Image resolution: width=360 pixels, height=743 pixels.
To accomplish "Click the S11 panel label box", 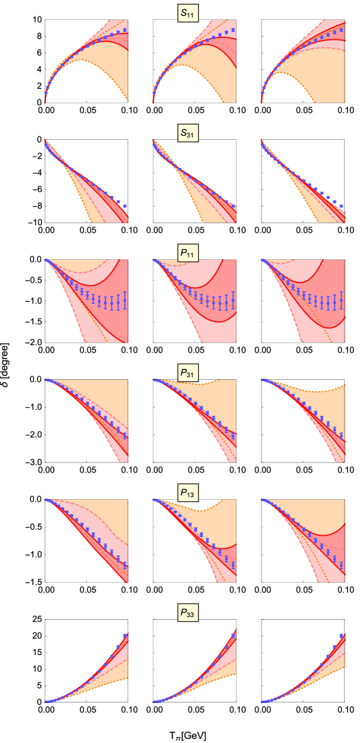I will point(189,13).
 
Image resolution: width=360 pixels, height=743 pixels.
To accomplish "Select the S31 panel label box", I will point(189,133).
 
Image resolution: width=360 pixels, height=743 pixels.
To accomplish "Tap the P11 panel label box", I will point(189,253).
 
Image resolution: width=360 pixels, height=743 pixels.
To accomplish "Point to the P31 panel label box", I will point(189,373).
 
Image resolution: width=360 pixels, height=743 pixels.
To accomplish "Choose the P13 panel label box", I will point(189,493).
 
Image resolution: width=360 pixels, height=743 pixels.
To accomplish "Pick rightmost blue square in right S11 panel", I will point(341,30).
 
